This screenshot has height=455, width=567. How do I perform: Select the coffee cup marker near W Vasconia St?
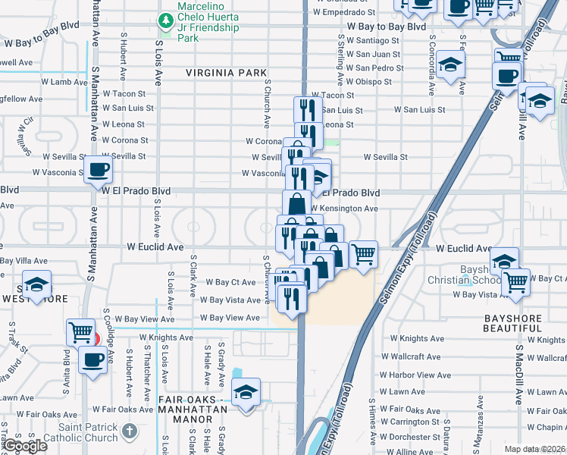(x=98, y=169)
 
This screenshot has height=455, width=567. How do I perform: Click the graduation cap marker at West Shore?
(x=36, y=285)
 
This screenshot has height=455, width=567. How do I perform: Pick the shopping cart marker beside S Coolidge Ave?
(x=81, y=332)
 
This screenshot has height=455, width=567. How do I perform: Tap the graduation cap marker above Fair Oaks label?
(x=246, y=393)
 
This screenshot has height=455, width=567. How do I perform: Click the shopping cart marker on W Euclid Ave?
(x=363, y=253)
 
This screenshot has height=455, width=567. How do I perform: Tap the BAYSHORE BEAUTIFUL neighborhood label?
(x=522, y=328)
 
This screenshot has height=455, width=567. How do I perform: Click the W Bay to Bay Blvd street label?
(x=387, y=27)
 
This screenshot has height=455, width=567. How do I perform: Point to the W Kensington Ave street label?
(x=343, y=209)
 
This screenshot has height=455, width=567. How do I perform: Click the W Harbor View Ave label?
(x=415, y=375)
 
